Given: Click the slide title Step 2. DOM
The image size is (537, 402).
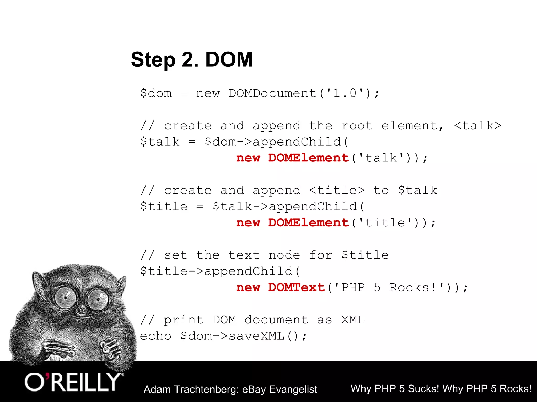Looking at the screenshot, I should (x=192, y=60).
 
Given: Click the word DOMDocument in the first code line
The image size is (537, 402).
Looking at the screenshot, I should (x=272, y=93).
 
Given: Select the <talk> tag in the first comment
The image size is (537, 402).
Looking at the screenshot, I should (x=478, y=126).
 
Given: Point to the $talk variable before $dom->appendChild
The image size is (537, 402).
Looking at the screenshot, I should (x=160, y=142).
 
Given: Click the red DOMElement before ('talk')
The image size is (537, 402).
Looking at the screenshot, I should (x=309, y=158).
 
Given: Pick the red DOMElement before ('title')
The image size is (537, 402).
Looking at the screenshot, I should (x=309, y=223).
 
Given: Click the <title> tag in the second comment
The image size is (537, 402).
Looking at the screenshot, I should (x=337, y=191).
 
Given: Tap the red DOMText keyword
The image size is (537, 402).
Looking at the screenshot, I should (x=297, y=288).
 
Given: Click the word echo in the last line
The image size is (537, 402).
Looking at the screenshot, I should (x=156, y=336).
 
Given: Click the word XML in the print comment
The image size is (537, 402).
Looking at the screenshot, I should (x=353, y=320).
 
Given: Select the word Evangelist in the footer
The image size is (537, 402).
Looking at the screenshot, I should (x=293, y=389).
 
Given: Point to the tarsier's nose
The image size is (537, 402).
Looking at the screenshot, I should (x=82, y=311).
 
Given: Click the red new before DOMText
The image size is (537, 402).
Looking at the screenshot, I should (x=248, y=288).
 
